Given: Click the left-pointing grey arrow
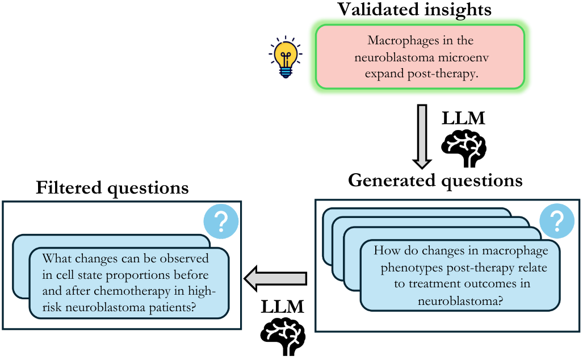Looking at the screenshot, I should pos(275,278).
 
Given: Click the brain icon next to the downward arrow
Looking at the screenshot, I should pos(464,149).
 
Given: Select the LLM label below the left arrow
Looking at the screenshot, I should pos(282,307).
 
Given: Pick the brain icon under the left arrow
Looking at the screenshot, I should pos(283,337).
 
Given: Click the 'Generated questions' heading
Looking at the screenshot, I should pos(435,181).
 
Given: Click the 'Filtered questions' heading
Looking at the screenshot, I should pos(112,188).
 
